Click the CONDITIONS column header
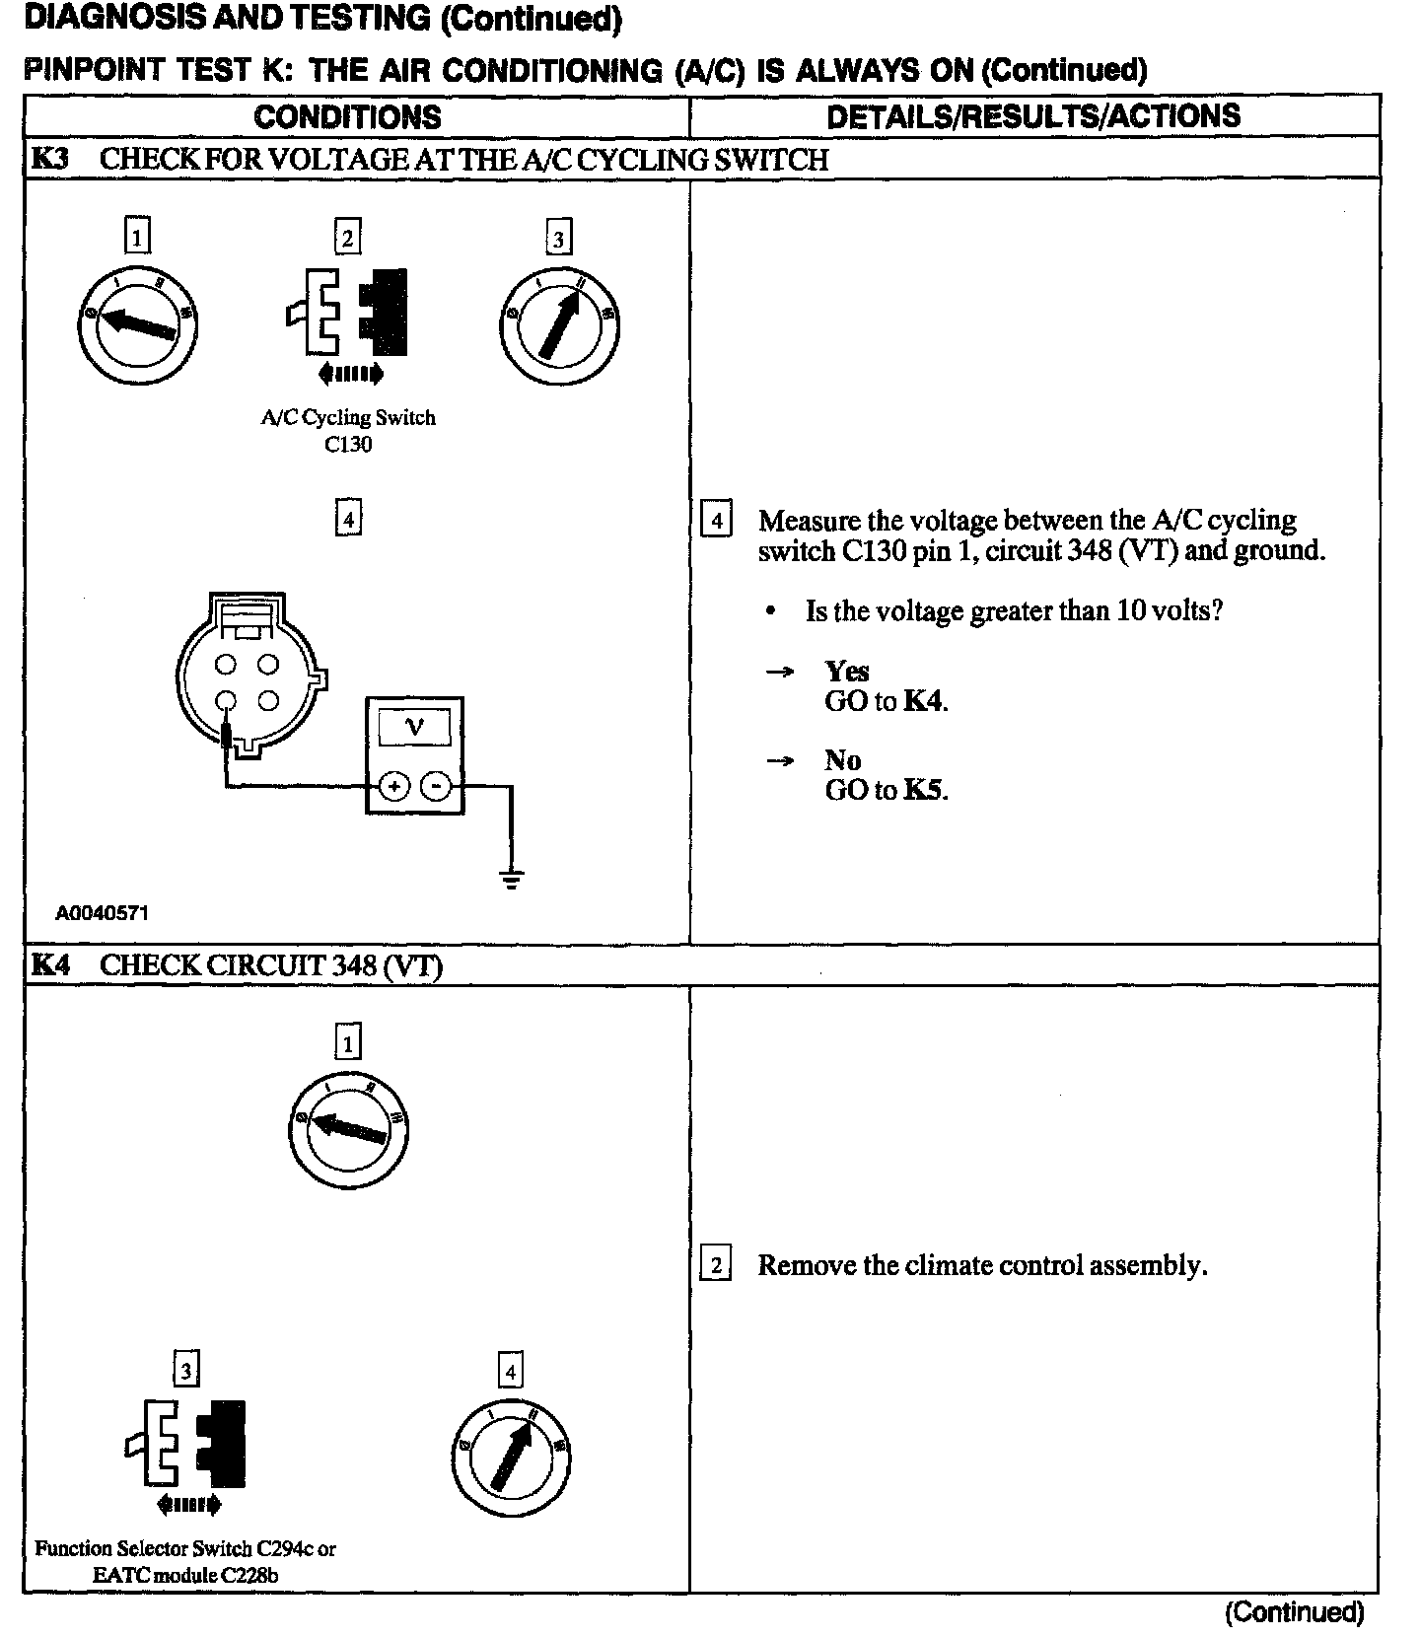point(347,116)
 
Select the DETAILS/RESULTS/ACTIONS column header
point(1033,116)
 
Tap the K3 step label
point(50,159)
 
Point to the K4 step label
point(50,964)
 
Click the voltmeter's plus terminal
point(393,786)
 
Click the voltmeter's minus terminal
point(436,786)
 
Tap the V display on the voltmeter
point(414,728)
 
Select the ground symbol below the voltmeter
point(511,878)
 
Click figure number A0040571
point(102,913)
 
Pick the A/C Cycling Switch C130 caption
point(348,430)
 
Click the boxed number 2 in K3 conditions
point(347,238)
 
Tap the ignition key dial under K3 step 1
point(138,325)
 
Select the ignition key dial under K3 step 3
point(559,326)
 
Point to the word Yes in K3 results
point(847,672)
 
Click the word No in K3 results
point(843,760)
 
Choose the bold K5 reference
point(924,790)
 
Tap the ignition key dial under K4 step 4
point(512,1458)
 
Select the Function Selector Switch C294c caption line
point(185,1548)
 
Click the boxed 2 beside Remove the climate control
point(716,1265)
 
